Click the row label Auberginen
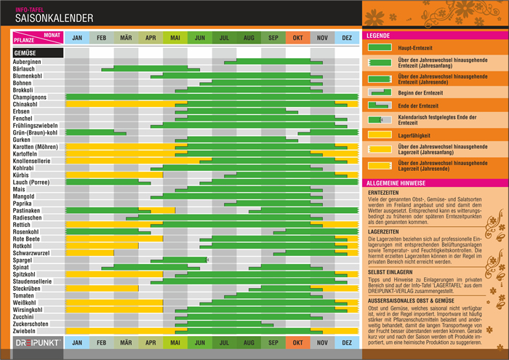27,62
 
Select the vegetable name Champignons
30,97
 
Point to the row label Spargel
23,260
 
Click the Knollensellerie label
32,160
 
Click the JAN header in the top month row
77,37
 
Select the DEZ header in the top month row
347,37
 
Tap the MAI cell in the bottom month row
175,342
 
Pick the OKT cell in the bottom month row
297,342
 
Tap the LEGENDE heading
378,35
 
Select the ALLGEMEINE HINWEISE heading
396,183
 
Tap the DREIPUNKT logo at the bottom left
36,342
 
